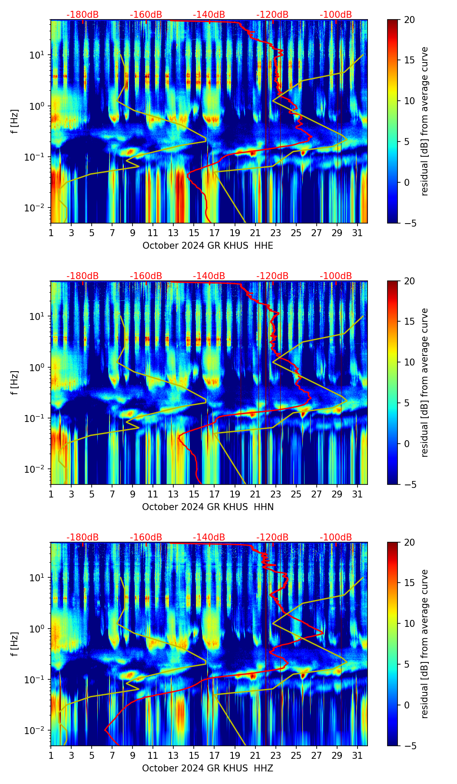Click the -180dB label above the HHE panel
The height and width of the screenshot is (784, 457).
click(x=83, y=15)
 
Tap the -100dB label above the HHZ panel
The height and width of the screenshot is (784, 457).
click(x=336, y=537)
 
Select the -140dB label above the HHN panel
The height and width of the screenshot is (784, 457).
click(x=209, y=276)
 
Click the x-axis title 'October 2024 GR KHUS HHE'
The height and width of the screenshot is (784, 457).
click(x=208, y=246)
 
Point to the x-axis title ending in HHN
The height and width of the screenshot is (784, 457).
click(x=208, y=507)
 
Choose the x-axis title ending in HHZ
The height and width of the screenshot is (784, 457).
click(x=208, y=768)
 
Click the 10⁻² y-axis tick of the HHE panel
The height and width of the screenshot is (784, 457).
click(x=36, y=208)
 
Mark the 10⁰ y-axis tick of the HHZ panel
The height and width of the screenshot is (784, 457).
click(x=37, y=629)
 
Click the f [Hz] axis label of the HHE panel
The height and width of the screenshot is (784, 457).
click(x=15, y=122)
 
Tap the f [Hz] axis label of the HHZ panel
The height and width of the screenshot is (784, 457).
click(x=15, y=644)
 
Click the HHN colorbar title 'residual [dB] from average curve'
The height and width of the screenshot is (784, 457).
click(x=424, y=382)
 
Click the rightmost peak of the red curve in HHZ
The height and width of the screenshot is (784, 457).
click(x=324, y=633)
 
